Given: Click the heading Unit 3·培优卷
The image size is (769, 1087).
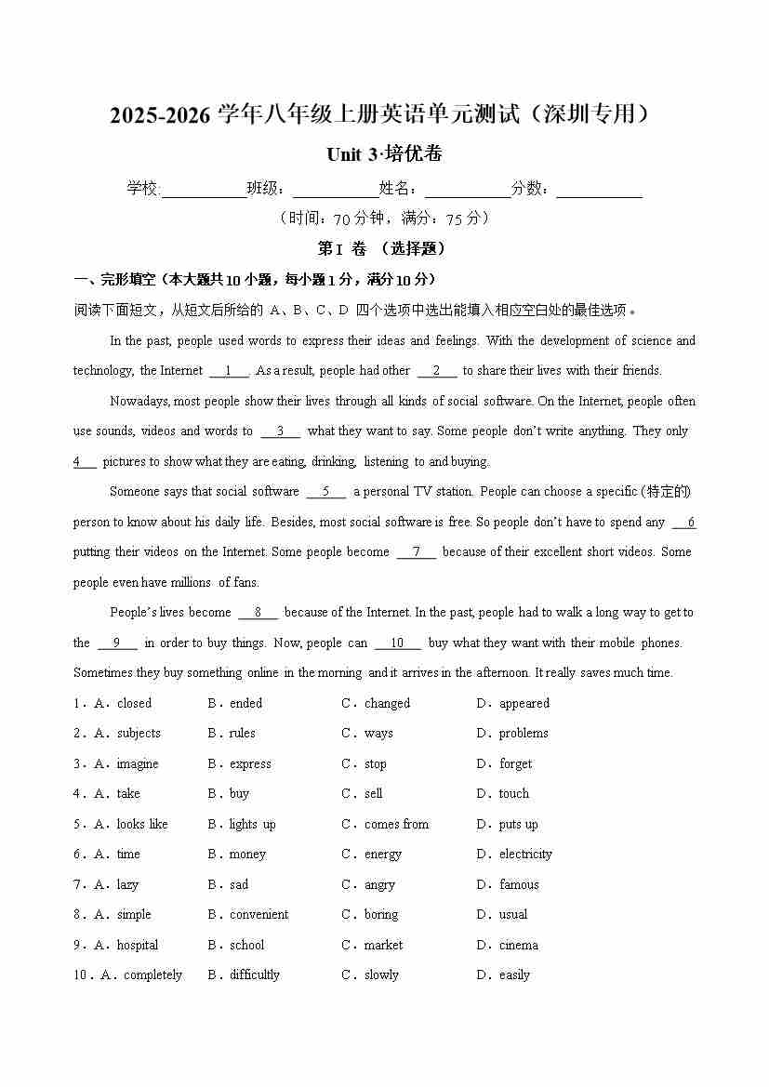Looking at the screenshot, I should [x=384, y=154].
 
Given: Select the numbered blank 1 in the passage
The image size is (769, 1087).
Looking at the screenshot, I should [x=229, y=371].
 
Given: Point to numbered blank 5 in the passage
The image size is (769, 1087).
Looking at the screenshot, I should [x=325, y=492].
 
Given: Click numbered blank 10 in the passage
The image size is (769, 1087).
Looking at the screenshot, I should [x=397, y=643].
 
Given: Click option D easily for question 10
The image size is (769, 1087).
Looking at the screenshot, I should [x=513, y=975].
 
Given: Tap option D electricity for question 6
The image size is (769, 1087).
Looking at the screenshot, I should [x=524, y=855].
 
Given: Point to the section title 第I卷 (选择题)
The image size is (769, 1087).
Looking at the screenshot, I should [x=382, y=249].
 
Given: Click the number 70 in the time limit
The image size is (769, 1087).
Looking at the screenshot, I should [x=340, y=219].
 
